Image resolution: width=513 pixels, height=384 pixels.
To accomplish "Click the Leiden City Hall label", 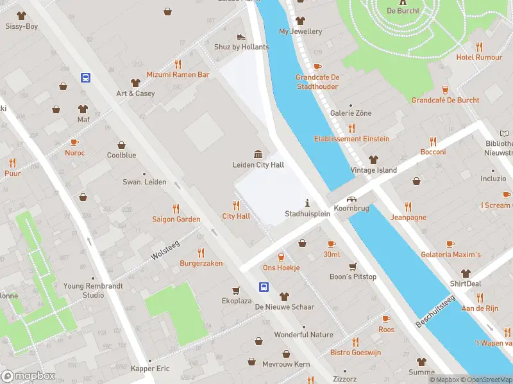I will pos(258,165).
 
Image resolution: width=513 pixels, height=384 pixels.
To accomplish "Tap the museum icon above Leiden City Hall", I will pos(258,154).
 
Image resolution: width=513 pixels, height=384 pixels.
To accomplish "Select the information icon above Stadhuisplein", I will pos(307,203).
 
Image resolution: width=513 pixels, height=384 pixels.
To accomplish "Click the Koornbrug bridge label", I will pos(352,209).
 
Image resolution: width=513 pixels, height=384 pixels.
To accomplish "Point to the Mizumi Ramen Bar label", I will pos(178,75).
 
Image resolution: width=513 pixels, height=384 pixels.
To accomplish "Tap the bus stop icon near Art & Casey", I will pos(85,77).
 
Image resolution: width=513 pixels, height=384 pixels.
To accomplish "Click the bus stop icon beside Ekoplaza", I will pos(264,287).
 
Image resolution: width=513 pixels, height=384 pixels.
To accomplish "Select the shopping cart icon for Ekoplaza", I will pos(236,289).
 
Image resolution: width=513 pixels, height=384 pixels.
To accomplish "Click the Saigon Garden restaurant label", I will pos(176,220).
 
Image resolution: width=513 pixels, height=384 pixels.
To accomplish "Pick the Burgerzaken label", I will pos(201,264).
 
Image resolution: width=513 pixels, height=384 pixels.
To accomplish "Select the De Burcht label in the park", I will pos(403,11).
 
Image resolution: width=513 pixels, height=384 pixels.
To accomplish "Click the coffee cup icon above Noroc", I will pos(74,142).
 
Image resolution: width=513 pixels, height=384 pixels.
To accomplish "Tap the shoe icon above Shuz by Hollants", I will pos(240,37).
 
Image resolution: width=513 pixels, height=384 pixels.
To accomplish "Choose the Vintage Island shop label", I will pos(373,170).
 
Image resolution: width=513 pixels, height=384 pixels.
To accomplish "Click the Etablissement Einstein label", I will pos(351,139).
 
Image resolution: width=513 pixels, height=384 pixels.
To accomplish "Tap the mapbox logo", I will pos(28,376).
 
